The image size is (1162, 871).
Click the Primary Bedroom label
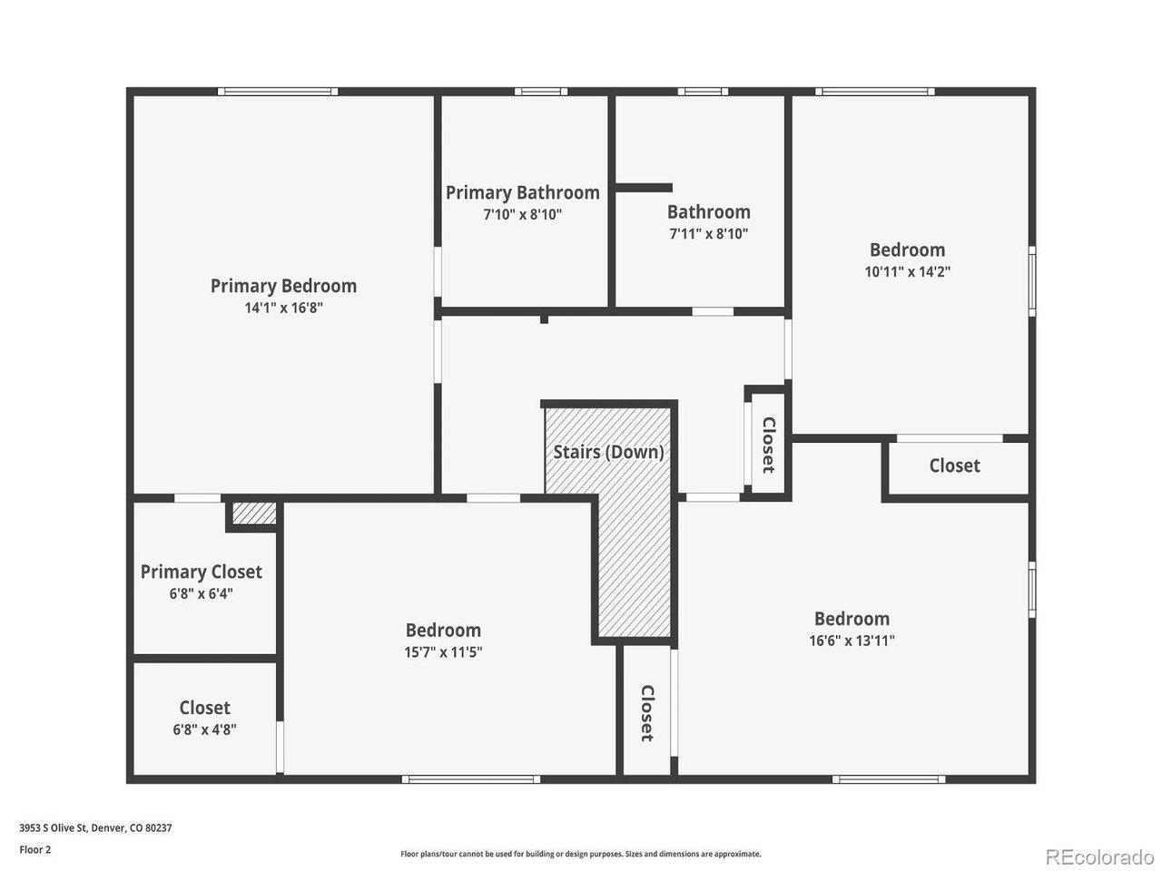click(x=283, y=286)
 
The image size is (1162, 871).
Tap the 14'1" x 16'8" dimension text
click(x=283, y=308)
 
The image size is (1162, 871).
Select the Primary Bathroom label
click(x=523, y=193)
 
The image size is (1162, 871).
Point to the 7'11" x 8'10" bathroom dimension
click(x=708, y=234)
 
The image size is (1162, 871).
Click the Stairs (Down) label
click(x=608, y=452)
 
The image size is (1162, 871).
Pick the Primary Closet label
click(x=202, y=573)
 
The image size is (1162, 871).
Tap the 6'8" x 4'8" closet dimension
click(x=204, y=729)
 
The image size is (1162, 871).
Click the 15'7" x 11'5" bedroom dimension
click(x=443, y=652)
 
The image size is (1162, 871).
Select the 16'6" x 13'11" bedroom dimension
click(x=852, y=641)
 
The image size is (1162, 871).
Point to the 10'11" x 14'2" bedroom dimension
click(x=908, y=272)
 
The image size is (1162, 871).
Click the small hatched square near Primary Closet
click(x=254, y=514)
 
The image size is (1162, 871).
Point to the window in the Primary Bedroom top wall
click(x=278, y=92)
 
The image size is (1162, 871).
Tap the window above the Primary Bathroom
click(x=541, y=92)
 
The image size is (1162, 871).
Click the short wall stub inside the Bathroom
click(x=644, y=188)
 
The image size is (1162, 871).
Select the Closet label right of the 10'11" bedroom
click(x=954, y=466)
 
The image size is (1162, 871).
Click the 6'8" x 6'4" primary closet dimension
click(x=202, y=594)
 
